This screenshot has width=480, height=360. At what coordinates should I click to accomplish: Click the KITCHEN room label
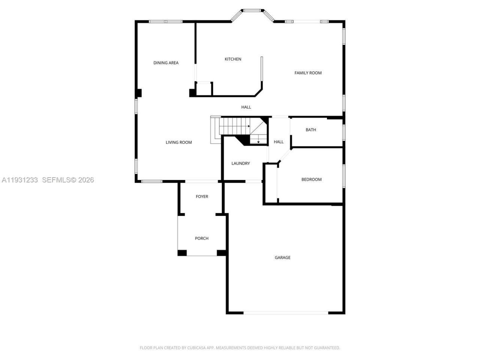[233, 59]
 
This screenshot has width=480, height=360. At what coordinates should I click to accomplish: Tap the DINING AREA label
[166, 63]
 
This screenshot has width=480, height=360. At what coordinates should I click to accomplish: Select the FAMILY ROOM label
[308, 73]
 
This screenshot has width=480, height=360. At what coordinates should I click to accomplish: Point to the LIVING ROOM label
[179, 142]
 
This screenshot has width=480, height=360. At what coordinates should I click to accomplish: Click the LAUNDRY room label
[240, 163]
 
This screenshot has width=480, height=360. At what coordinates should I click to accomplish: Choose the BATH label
[311, 130]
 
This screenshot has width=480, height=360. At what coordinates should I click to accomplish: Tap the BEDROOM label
[311, 180]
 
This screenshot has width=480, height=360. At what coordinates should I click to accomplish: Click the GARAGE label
[282, 258]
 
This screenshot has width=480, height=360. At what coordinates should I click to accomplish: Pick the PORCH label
[202, 238]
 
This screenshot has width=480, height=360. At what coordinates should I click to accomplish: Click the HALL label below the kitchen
[246, 107]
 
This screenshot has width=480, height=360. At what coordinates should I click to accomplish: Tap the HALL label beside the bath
[279, 142]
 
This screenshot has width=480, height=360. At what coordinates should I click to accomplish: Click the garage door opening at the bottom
[286, 312]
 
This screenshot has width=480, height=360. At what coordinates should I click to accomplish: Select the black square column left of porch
[182, 253]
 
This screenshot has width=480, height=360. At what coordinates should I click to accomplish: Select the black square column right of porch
[222, 253]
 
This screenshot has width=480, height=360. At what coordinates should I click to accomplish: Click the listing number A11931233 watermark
[20, 180]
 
